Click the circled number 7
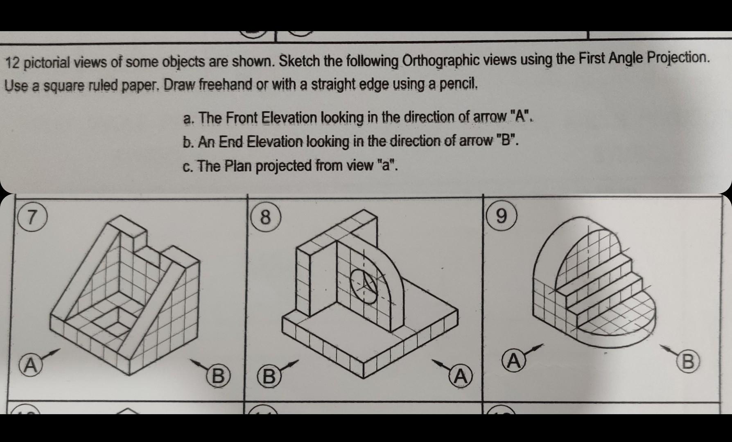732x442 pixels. [31, 216]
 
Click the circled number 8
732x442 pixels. [266, 217]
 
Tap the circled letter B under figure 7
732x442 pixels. [218, 376]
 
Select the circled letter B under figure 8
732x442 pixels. [269, 376]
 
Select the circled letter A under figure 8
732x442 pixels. [461, 376]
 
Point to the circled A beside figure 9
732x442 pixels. [513, 361]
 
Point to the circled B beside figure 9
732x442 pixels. [687, 361]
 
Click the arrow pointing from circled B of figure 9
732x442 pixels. [669, 350]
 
